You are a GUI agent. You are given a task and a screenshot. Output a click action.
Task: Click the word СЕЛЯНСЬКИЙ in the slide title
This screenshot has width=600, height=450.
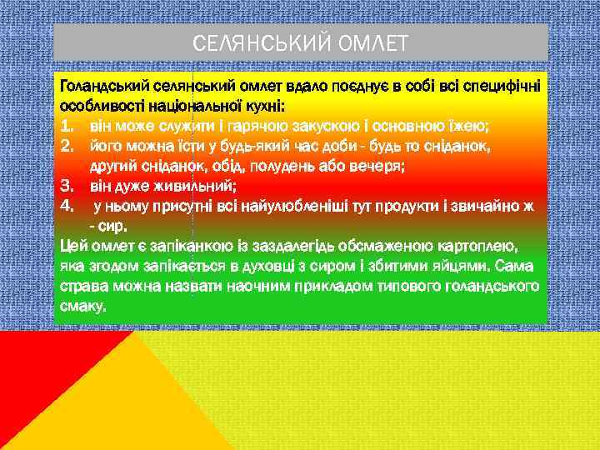tap(261, 42)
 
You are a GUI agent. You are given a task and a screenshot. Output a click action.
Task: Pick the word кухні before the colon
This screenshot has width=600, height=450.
tap(263, 107)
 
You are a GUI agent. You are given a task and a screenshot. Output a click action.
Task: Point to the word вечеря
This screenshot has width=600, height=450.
tap(373, 166)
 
